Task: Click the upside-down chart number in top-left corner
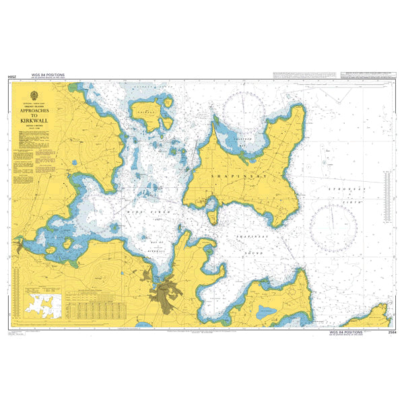click(11, 78)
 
